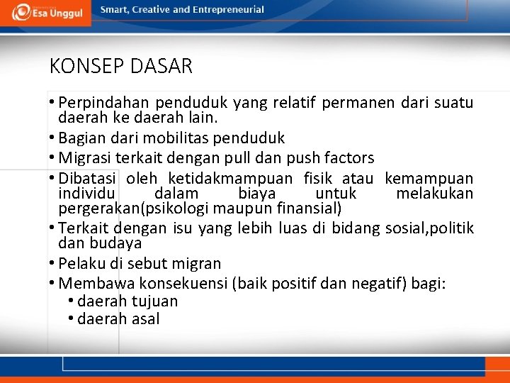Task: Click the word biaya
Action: (257, 194)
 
